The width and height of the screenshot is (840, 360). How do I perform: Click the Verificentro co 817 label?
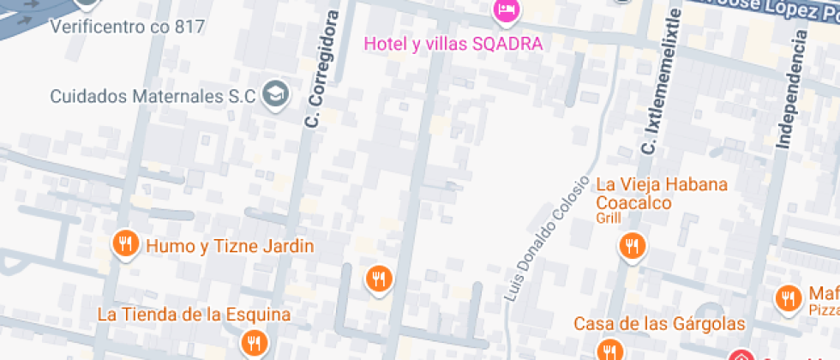[x=127, y=27]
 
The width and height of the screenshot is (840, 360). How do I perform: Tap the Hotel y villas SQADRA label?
[x=453, y=43]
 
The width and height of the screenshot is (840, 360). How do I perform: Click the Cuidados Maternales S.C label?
[x=153, y=96]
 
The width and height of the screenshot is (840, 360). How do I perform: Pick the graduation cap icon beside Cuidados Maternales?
[x=276, y=93]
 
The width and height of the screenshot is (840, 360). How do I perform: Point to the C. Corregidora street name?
[x=319, y=69]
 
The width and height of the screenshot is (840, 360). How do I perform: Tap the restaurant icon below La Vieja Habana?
[x=633, y=247]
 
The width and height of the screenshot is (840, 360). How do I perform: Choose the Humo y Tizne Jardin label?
[x=231, y=247]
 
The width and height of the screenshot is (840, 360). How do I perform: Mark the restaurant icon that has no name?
[x=377, y=279]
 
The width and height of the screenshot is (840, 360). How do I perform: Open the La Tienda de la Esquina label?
[x=194, y=314]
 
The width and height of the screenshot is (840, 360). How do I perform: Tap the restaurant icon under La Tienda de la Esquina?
[x=251, y=343]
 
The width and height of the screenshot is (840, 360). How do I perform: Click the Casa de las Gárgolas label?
[x=659, y=324]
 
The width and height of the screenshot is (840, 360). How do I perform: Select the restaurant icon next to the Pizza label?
[x=786, y=298]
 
